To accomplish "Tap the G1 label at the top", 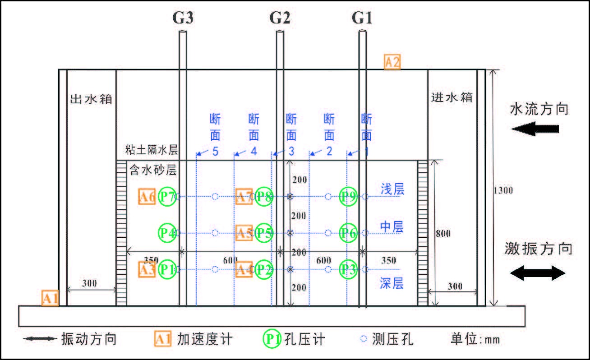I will [x=362, y=18].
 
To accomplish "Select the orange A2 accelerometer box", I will [x=392, y=62].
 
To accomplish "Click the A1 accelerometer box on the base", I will [x=50, y=298].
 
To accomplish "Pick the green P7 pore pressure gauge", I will [x=167, y=197].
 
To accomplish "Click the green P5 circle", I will [x=264, y=233].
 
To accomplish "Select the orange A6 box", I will [x=147, y=197].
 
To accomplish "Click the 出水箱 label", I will [x=91, y=98].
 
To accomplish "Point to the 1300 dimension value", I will [x=503, y=190].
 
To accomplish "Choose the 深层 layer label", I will [x=392, y=283].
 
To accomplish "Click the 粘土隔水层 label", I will [x=151, y=150].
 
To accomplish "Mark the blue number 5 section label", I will [x=215, y=152].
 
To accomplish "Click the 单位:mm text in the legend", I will [x=475, y=339].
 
